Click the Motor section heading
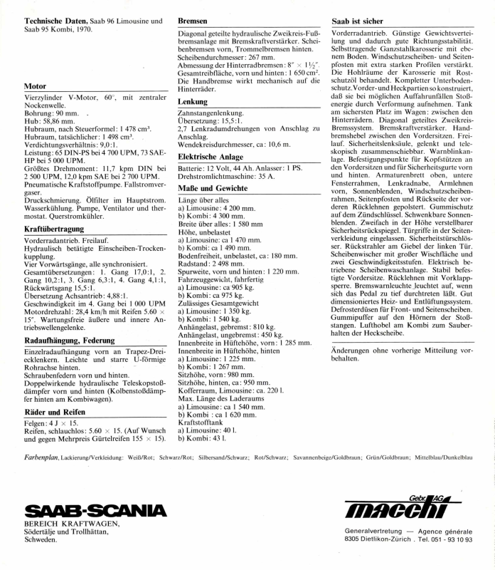[x=35, y=86]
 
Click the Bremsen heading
[x=193, y=22]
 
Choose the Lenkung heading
[x=193, y=103]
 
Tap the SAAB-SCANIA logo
[x=95, y=512]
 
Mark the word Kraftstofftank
[x=201, y=420]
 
